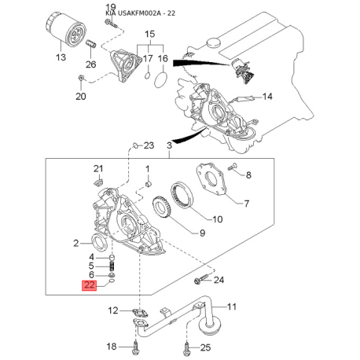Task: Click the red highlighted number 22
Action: pyautogui.click(x=90, y=285)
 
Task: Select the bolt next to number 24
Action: pyautogui.click(x=201, y=278)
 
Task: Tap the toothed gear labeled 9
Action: pyautogui.click(x=161, y=207)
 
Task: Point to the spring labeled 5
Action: pyautogui.click(x=112, y=266)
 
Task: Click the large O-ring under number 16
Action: pyautogui.click(x=161, y=79)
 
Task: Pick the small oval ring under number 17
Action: pyautogui.click(x=148, y=75)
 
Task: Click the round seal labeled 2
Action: pyautogui.click(x=98, y=242)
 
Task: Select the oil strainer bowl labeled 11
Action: pyautogui.click(x=211, y=324)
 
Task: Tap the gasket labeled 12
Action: pyautogui.click(x=141, y=313)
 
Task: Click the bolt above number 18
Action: pyautogui.click(x=136, y=347)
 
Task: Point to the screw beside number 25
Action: pyautogui.click(x=186, y=348)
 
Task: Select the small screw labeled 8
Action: pyautogui.click(x=233, y=167)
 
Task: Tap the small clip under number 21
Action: pyautogui.click(x=98, y=182)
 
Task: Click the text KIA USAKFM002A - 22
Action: pyautogui.click(x=140, y=13)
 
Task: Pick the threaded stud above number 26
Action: pyautogui.click(x=91, y=44)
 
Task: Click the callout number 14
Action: pyautogui.click(x=267, y=97)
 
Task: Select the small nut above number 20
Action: pyautogui.click(x=81, y=78)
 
